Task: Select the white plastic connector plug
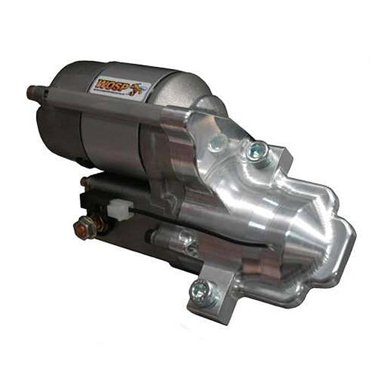coord(119,209)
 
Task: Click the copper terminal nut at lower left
coord(84,227)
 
